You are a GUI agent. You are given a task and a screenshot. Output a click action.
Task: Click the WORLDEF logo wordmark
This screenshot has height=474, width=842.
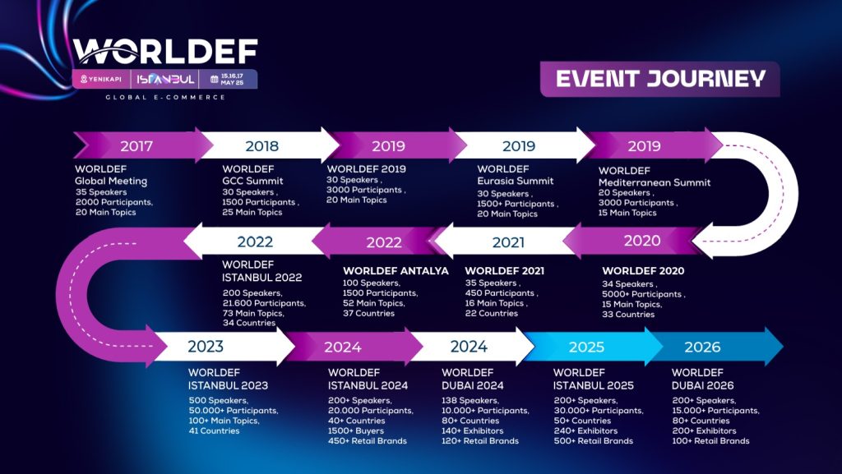pos(165,52)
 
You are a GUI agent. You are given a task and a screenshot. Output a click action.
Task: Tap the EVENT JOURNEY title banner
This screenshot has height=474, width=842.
pos(660,79)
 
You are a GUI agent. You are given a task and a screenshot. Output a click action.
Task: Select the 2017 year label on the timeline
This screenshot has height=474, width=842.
pos(136,146)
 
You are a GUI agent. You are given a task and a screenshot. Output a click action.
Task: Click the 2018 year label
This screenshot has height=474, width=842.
pos(262,146)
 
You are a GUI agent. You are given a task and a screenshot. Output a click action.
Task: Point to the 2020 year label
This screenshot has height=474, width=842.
pos(642,241)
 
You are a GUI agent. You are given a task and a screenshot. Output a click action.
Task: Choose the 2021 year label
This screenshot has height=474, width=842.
pos(508,242)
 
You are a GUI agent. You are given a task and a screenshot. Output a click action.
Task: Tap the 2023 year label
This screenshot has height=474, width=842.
pos(206,347)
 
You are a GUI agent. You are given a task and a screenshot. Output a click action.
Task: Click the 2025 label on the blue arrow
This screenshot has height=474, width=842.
pos(586,347)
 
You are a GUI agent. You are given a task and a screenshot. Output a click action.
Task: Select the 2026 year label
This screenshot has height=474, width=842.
pos(702,347)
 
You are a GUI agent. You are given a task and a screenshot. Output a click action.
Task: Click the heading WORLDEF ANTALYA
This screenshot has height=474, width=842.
pos(396,271)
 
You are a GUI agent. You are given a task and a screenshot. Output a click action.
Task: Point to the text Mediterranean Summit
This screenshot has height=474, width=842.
pos(655,182)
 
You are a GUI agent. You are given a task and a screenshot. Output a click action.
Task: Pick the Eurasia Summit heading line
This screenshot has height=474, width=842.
pos(516,181)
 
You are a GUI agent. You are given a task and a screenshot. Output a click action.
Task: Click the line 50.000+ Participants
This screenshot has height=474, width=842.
pos(234,411)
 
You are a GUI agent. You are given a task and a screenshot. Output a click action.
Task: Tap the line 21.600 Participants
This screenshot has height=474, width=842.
pos(264,303)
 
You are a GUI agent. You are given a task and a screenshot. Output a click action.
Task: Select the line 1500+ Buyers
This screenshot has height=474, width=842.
pos(356,431)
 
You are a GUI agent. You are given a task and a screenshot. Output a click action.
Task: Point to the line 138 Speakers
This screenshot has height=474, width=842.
pos(470,401)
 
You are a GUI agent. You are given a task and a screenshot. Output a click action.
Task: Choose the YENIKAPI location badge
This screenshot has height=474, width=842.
pos(101,80)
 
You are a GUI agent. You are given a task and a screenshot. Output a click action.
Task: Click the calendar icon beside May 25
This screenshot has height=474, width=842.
pos(215,80)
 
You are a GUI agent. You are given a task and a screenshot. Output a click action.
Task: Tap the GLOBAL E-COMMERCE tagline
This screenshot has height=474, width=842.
pos(165,98)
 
